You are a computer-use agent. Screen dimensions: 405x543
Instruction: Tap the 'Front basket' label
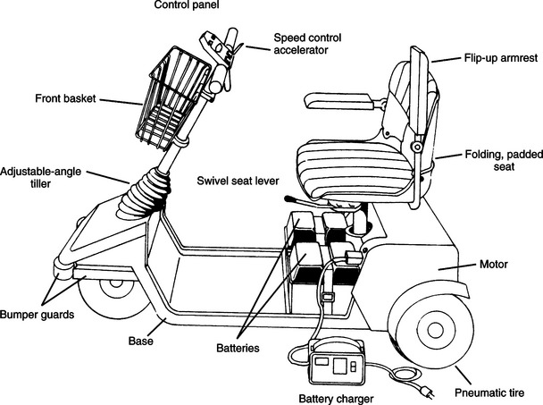tap(64, 98)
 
